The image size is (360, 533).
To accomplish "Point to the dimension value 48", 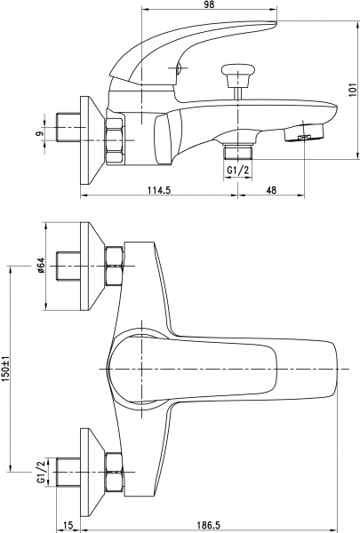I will click(271, 188).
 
